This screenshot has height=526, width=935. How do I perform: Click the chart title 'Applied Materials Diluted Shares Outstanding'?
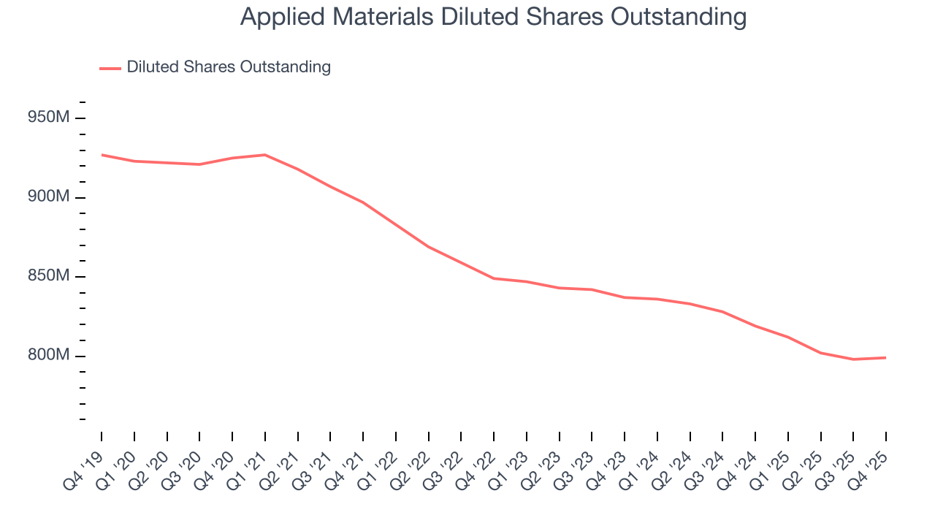pos(493,17)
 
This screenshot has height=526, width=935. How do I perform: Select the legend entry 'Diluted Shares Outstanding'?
pos(228,67)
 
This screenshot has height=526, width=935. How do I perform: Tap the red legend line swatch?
pos(110,68)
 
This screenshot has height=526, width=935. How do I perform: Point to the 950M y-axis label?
pos(49,118)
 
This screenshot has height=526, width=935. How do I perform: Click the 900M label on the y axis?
pos(49,197)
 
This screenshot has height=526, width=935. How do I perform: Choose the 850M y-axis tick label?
pos(49,276)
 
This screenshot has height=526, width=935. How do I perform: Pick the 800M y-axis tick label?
pos(49,356)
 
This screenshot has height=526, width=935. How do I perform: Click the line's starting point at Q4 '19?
pos(102,155)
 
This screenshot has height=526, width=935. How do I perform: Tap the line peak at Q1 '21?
pos(264,155)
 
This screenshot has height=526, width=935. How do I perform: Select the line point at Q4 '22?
pos(494,278)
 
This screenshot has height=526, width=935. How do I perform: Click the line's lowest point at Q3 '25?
pos(853,359)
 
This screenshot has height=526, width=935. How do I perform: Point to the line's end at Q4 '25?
pos(886,358)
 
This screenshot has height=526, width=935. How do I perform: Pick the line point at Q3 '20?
pos(199,164)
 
